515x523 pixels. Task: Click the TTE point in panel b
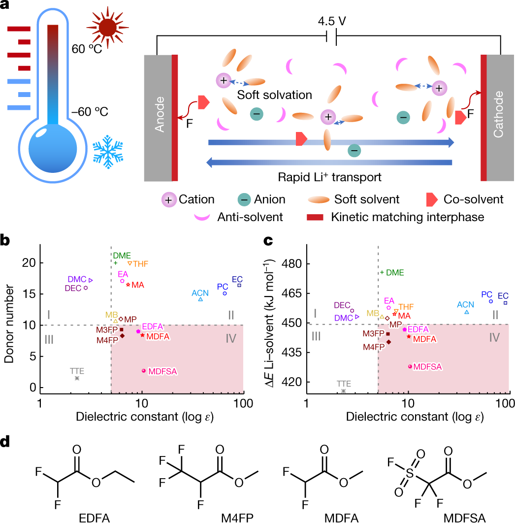77,378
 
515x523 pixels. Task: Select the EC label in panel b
237,279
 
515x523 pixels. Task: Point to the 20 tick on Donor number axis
31,262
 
